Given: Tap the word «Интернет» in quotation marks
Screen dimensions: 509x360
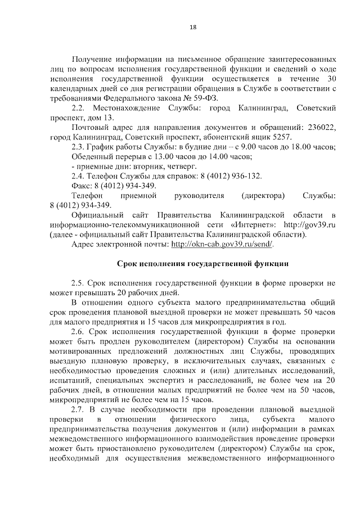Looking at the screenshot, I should coord(245,225).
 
